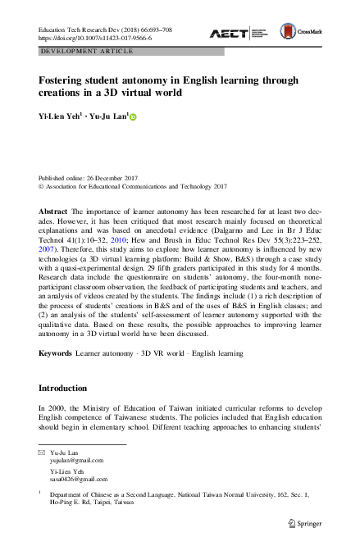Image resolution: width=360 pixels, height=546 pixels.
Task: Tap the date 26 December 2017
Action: click(x=114, y=177)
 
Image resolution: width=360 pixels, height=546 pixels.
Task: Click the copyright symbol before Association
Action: click(x=42, y=186)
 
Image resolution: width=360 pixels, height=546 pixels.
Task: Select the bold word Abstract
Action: click(x=53, y=211)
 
